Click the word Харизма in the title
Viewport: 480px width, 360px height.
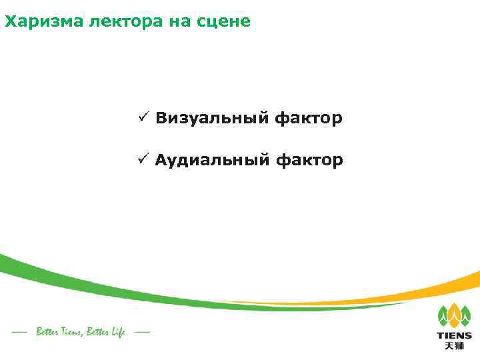point(34,21)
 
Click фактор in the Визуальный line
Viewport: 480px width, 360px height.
point(309,119)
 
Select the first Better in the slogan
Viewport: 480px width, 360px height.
point(46,332)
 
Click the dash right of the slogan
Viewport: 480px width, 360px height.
point(142,331)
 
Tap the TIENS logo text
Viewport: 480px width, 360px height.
point(454,335)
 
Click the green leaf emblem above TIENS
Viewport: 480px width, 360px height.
point(454,316)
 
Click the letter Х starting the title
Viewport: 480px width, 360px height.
point(9,21)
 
